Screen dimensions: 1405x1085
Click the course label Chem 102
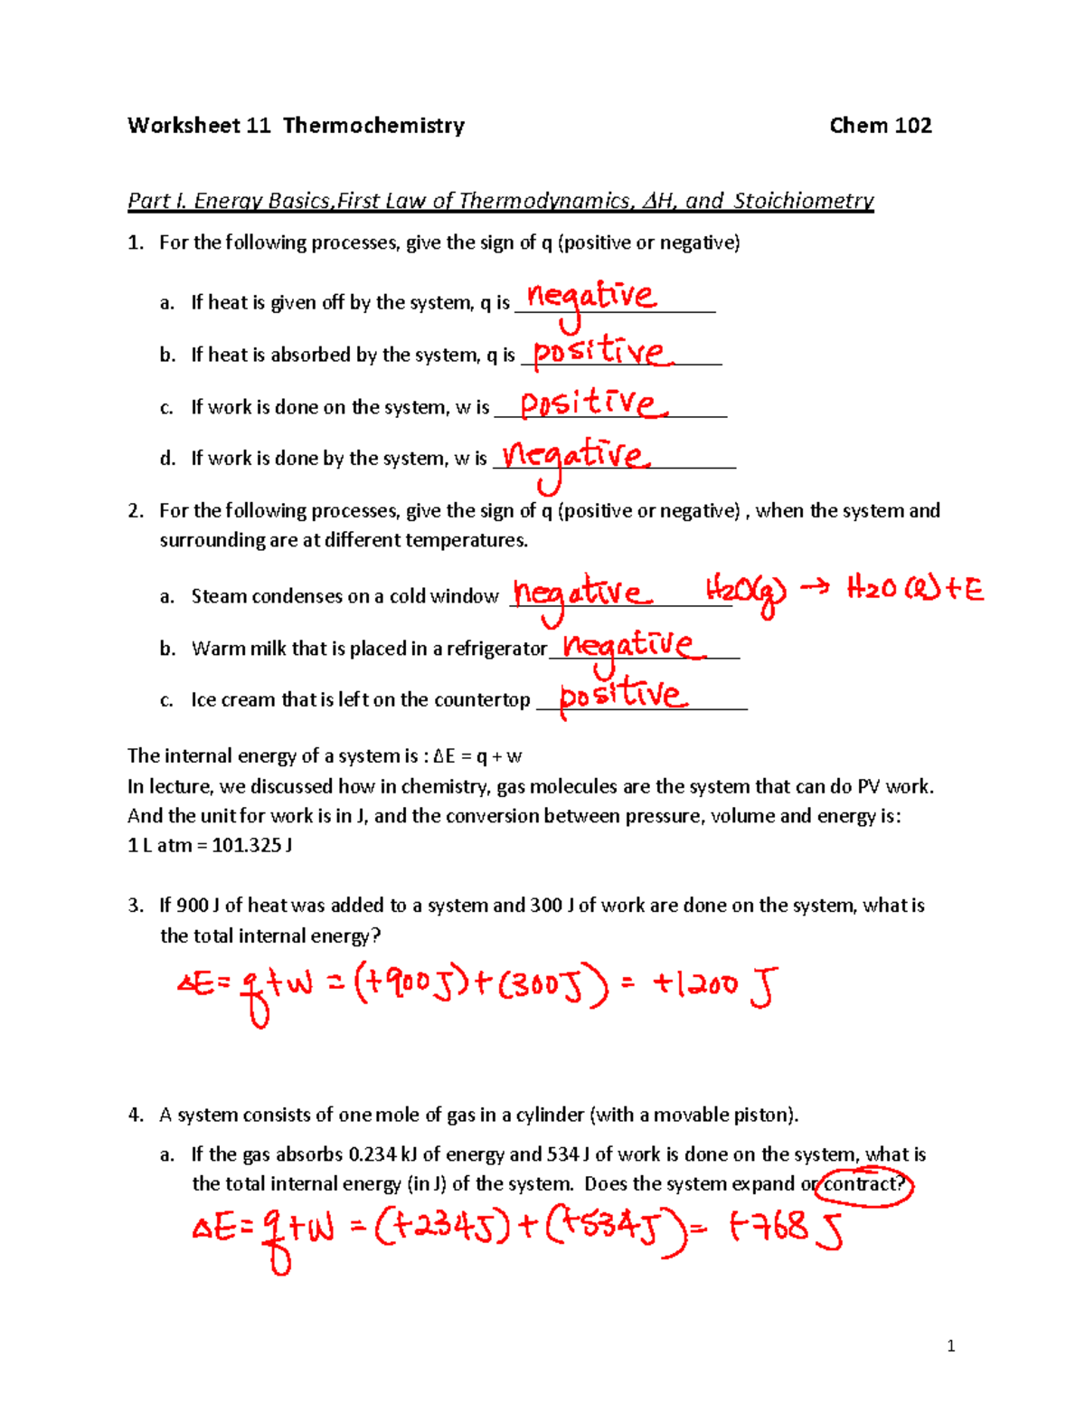880,126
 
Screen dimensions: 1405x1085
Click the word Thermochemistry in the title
373,126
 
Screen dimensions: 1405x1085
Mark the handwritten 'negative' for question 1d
576,455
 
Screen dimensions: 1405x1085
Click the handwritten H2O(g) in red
745,592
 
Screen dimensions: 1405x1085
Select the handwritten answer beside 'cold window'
581,593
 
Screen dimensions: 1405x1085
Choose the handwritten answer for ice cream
622,696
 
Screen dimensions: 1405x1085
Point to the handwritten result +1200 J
714,985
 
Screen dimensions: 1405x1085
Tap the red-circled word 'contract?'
863,1184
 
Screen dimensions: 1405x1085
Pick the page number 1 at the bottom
950,1346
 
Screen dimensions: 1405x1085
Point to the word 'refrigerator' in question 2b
496,649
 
